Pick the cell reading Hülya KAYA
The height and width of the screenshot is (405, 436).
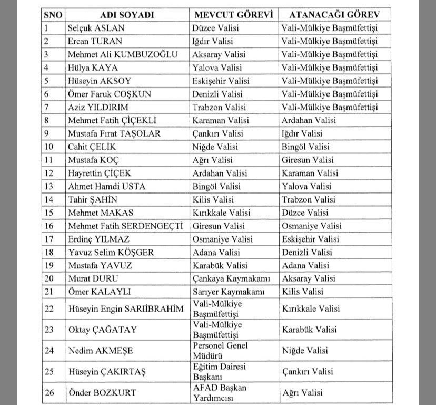93,67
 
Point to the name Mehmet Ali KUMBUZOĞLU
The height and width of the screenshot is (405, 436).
122,54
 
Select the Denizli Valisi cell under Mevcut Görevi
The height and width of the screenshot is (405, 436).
218,94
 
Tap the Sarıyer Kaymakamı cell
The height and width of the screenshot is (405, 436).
229,292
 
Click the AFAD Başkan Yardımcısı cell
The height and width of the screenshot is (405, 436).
220,392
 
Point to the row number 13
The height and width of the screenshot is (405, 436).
49,186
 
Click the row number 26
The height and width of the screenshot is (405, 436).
49,392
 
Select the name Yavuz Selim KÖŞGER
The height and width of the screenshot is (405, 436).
111,252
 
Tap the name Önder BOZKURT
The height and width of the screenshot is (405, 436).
102,392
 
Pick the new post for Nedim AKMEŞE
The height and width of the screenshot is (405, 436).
304,351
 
